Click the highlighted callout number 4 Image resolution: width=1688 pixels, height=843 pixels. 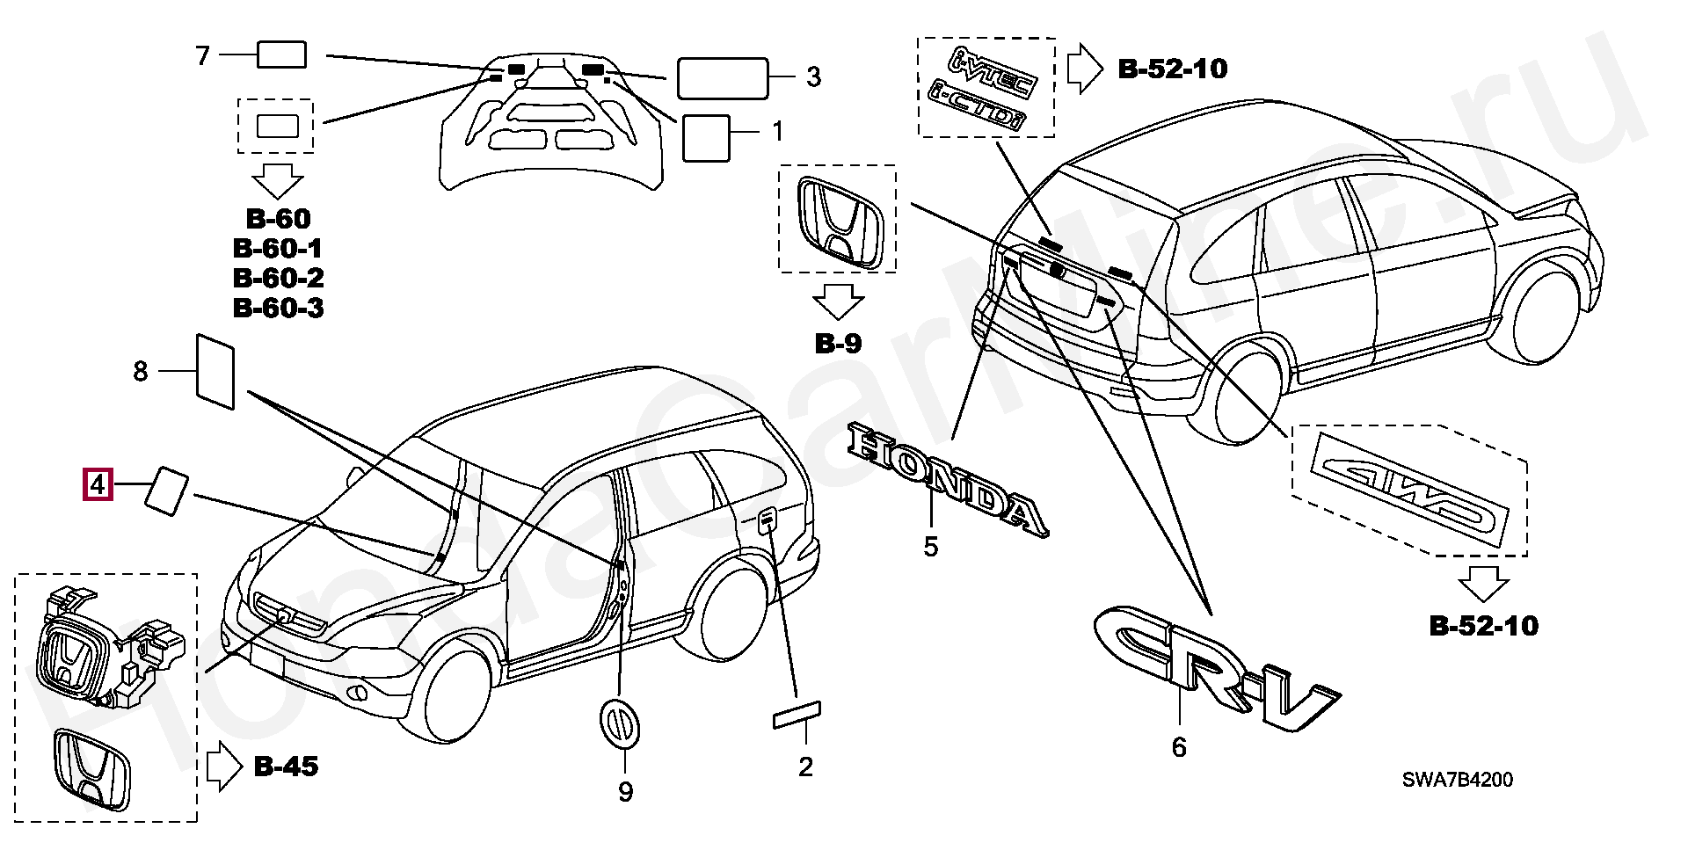click(x=98, y=483)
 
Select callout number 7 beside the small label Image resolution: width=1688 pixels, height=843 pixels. click(x=203, y=56)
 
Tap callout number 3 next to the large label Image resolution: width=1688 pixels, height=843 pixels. click(x=813, y=77)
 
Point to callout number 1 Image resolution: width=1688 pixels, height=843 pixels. click(x=777, y=132)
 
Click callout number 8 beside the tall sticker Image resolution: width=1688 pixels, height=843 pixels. click(x=141, y=372)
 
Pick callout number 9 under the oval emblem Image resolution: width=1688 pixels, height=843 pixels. click(x=625, y=792)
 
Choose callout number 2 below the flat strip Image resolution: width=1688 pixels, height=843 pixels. click(x=805, y=767)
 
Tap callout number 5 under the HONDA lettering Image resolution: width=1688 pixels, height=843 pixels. click(x=931, y=547)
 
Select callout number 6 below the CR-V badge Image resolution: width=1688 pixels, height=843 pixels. click(x=1179, y=747)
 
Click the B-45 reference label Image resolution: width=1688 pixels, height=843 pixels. click(x=286, y=767)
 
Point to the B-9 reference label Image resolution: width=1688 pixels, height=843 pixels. click(x=838, y=344)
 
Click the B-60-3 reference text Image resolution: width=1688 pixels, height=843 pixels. click(x=278, y=308)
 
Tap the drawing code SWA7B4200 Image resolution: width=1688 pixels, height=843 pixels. click(x=1457, y=780)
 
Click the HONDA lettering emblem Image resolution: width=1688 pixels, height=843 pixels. click(x=948, y=478)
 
